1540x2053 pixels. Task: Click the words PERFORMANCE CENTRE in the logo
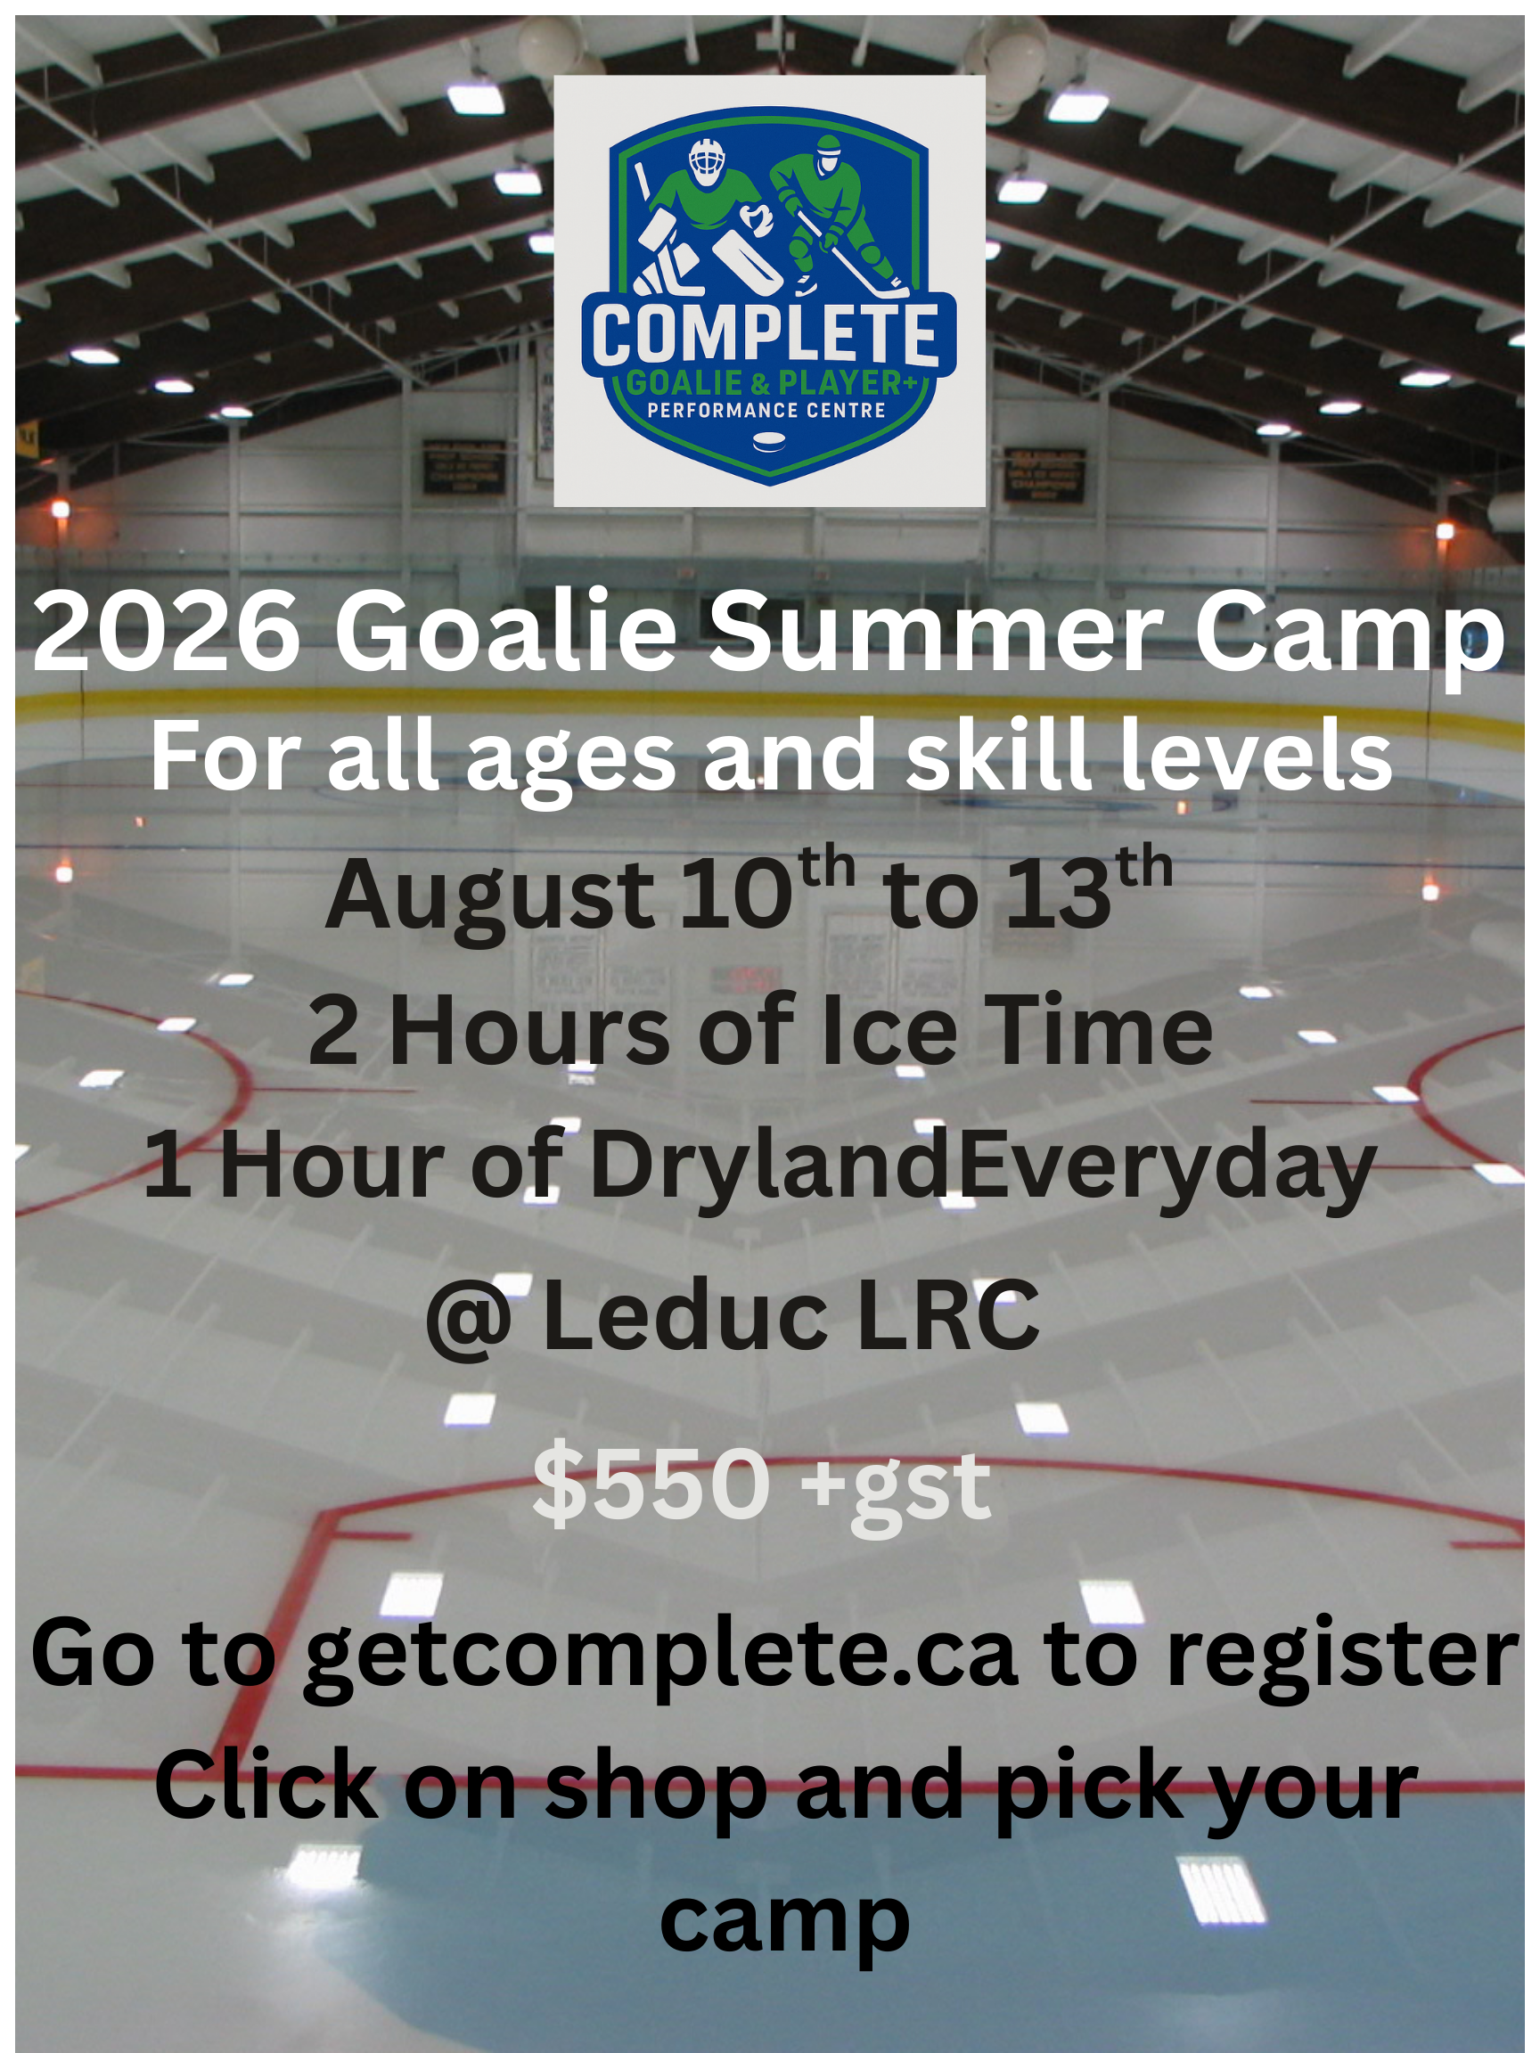click(x=766, y=410)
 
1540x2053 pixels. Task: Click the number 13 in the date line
click(x=1058, y=894)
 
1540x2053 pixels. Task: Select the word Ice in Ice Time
click(x=889, y=1030)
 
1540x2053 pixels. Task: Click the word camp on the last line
click(x=784, y=1921)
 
